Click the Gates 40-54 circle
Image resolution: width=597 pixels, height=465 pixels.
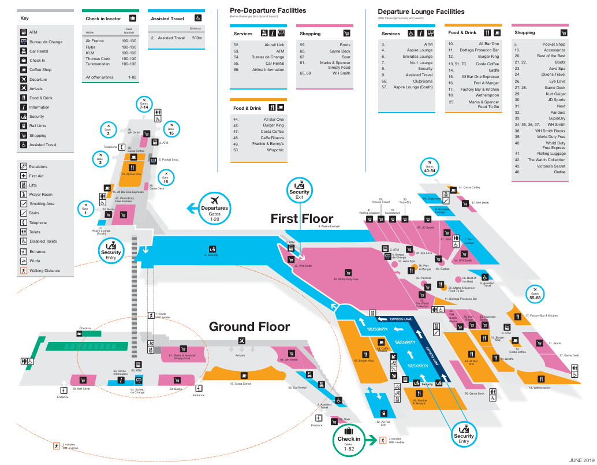click(430, 166)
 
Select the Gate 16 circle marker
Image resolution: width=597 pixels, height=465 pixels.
click(165, 177)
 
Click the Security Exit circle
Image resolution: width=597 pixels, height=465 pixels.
click(299, 189)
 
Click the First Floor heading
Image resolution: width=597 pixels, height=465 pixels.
click(302, 218)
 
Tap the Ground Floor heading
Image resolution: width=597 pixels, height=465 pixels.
click(249, 327)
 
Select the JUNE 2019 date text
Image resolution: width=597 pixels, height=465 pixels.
click(581, 460)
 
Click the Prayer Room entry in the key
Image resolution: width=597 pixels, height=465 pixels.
click(40, 195)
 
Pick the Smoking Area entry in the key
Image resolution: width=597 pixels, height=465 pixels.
click(42, 204)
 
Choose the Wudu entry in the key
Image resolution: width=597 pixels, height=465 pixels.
click(36, 261)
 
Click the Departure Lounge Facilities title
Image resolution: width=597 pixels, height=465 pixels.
click(421, 11)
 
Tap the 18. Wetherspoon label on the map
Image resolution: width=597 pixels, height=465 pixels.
click(540, 388)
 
